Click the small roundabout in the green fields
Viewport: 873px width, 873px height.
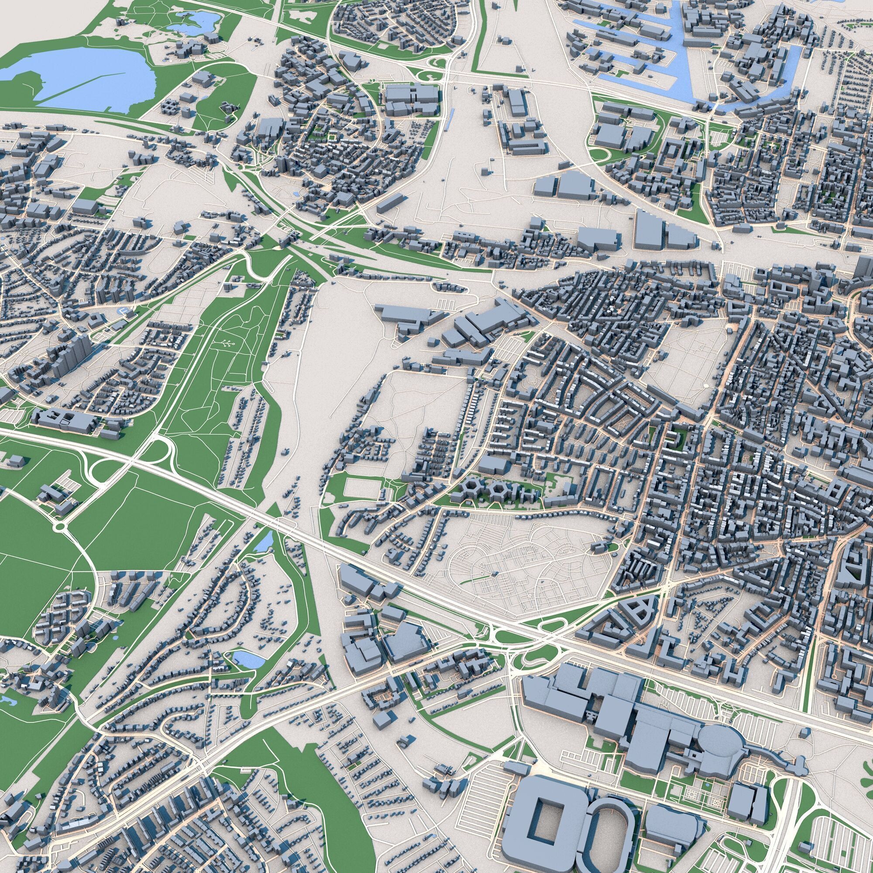click(x=59, y=526)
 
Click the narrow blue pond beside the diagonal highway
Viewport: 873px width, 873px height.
click(x=266, y=540)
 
